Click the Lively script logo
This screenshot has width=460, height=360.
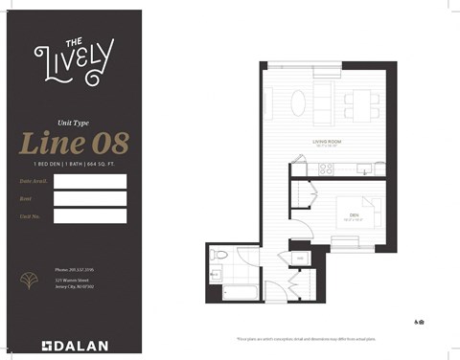pyautogui.click(x=73, y=59)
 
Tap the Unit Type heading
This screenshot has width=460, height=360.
pyautogui.click(x=73, y=124)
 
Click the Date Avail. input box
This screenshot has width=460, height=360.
pyautogui.click(x=90, y=181)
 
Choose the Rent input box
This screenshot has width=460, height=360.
pyautogui.click(x=90, y=198)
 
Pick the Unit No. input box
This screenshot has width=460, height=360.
pyautogui.click(x=90, y=215)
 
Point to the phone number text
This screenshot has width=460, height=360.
pyautogui.click(x=73, y=270)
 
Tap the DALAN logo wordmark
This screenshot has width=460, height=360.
pyautogui.click(x=75, y=345)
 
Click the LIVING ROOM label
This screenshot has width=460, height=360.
pyautogui.click(x=328, y=141)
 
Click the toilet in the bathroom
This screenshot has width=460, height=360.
pyautogui.click(x=220, y=256)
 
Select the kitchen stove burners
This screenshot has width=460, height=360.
pyautogui.click(x=326, y=169)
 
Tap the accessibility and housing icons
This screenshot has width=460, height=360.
pyautogui.click(x=419, y=322)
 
